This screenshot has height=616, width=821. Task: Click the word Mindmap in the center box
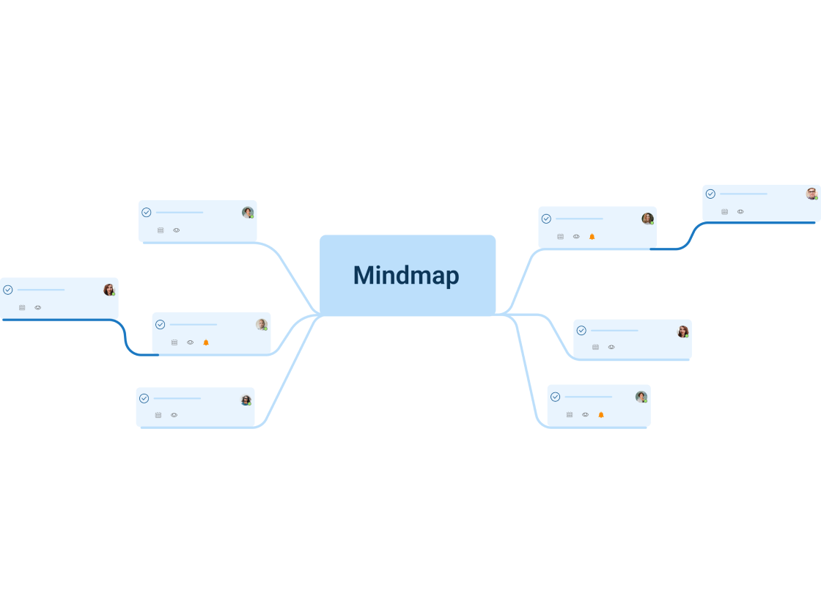406,276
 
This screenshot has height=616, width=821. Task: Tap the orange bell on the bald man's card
206,342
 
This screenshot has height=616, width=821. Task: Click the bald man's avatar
261,324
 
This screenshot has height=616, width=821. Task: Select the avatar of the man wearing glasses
811,194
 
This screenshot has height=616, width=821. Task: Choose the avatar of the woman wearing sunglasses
246,400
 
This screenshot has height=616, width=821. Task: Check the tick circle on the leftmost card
8,290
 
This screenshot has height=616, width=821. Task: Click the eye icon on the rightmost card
740,212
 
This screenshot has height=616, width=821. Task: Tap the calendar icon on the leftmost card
22,308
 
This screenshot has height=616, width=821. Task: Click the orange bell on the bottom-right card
601,415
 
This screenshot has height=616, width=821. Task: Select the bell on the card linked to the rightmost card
592,237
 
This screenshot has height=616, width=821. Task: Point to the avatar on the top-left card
248,213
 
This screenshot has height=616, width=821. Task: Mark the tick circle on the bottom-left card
144,398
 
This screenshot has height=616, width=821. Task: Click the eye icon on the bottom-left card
174,415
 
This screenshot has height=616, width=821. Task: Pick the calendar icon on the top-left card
161,230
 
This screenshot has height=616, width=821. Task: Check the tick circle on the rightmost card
710,194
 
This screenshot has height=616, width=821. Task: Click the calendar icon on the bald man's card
174,342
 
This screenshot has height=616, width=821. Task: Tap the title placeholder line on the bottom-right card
588,397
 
